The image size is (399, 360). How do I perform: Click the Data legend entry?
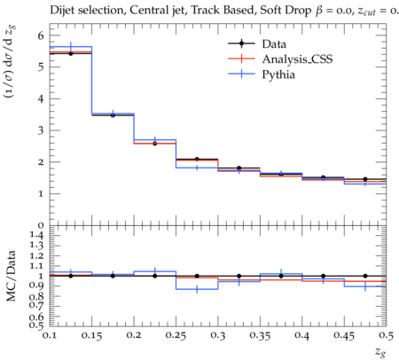pos(257,43)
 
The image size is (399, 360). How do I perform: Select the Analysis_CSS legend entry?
pos(280,59)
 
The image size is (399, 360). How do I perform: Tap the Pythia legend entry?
pos(262,74)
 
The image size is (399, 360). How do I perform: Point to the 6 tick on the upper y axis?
pos(41,35)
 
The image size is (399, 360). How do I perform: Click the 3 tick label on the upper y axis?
pos(41,130)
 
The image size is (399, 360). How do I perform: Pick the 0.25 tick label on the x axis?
pos(176,335)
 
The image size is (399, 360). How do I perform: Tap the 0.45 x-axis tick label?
pos(344,335)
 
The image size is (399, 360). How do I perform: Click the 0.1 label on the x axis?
pos(50,335)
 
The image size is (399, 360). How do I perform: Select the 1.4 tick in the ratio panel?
pos(36,235)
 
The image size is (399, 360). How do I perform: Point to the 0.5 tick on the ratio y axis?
pos(36,325)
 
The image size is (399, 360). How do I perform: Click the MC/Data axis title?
pos(11,276)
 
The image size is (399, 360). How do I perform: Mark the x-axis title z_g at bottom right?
pos(380,352)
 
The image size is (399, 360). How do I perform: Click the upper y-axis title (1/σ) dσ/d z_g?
pos(11,62)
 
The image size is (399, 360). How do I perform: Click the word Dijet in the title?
pos(62,11)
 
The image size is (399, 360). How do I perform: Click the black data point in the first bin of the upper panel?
pos(71,53)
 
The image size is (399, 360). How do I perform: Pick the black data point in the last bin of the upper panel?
pos(365,179)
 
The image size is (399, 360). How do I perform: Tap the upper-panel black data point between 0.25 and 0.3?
pos(197,159)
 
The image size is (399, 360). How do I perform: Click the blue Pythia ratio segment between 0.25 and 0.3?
pos(197,289)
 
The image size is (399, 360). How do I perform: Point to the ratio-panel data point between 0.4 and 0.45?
pos(324,276)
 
